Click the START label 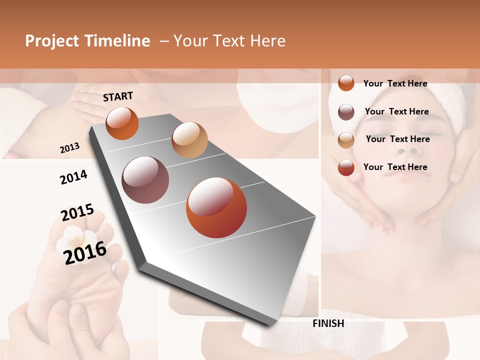tap(118, 96)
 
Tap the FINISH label tap(328, 323)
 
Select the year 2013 tap(69, 148)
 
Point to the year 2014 tap(73, 177)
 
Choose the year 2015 tap(77, 212)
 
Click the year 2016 tap(85, 252)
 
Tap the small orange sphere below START tap(122, 123)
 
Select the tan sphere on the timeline tap(189, 140)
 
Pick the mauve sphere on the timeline tap(145, 180)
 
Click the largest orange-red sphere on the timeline tap(216, 207)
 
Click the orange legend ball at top tap(346, 83)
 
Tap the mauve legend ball tap(346, 112)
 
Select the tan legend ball tap(346, 140)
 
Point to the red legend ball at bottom tap(346, 167)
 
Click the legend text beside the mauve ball tap(396, 111)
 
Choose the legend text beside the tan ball tap(397, 139)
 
